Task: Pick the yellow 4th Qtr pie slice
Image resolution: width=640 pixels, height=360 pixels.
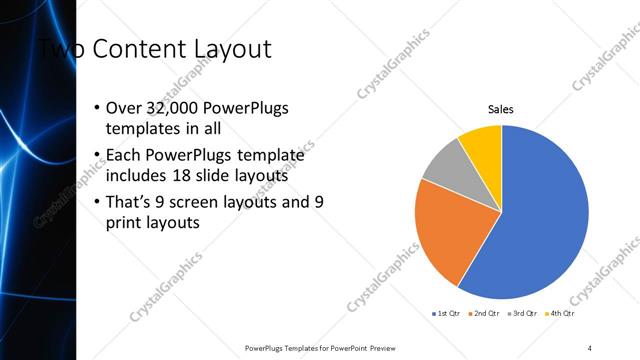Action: pos(483,142)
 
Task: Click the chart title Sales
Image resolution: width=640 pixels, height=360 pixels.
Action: pos(501,108)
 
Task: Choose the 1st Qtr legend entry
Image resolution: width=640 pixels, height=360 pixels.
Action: pos(444,313)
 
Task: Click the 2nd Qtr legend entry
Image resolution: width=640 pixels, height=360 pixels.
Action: pos(484,313)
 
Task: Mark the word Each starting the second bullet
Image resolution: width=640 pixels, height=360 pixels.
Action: pos(125,155)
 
